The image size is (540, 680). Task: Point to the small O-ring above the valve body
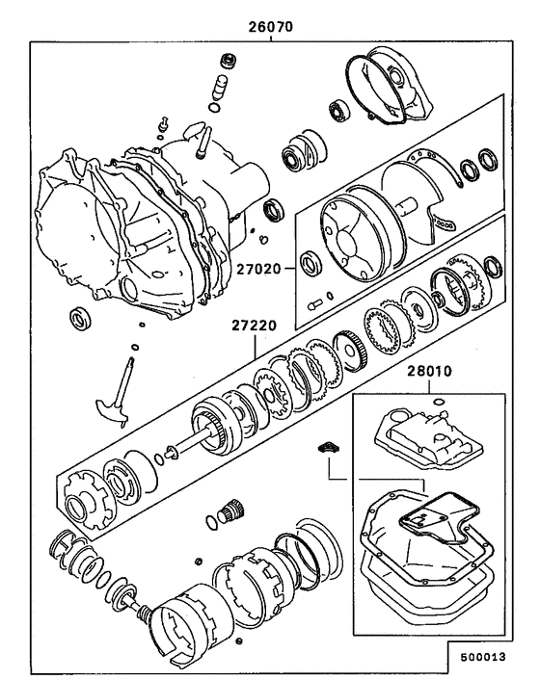(x=438, y=401)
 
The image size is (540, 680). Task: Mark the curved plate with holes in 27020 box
(x=429, y=193)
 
